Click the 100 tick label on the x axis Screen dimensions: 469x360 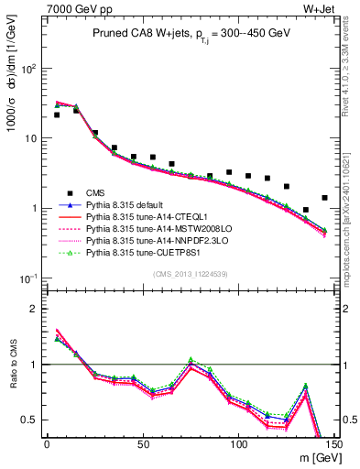coord(239,444)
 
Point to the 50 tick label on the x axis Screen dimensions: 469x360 coord(143,444)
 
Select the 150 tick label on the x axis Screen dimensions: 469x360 coord(334,444)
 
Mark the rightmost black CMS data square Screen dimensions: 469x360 coord(324,198)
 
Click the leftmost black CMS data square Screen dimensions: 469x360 coord(57,115)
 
